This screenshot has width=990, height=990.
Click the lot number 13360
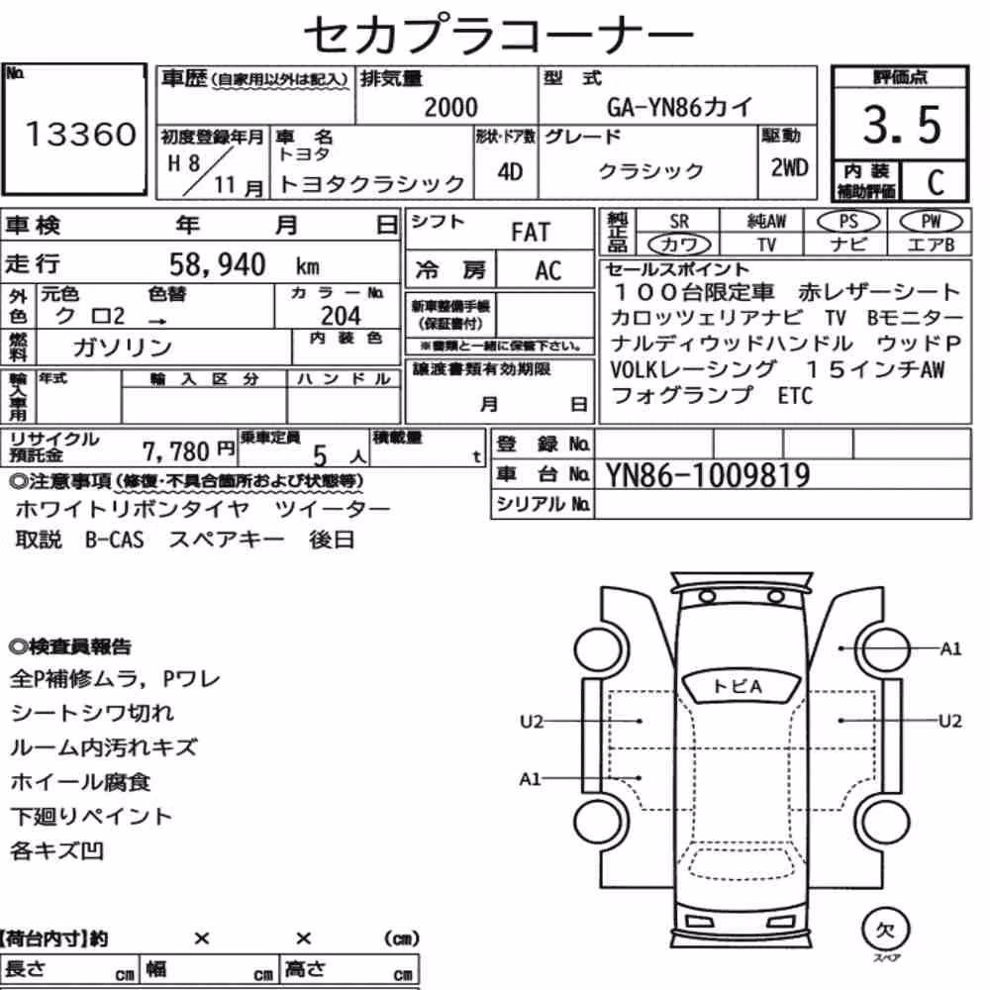coord(81,134)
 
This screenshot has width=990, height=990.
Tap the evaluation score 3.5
coord(902,125)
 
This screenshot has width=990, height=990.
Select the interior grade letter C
coord(936,182)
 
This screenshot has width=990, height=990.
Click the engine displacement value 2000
coord(450,107)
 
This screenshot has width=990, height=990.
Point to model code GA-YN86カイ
coord(679,107)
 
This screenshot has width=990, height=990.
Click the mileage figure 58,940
coord(217,264)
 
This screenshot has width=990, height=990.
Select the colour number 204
coord(341,316)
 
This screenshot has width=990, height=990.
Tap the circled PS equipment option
coord(848,222)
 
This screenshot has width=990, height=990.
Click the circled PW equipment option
coord(931,222)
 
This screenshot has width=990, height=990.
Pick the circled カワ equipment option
coord(679,245)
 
